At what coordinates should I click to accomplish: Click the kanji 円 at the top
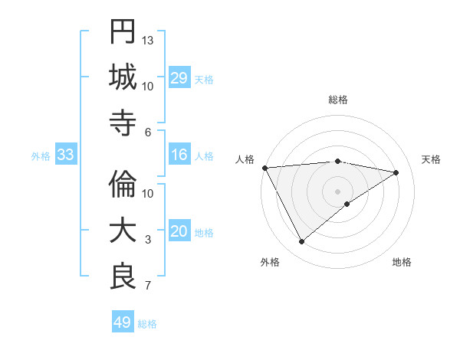click(x=123, y=32)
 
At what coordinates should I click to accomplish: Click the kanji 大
click(x=123, y=231)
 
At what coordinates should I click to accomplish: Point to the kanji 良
click(x=123, y=277)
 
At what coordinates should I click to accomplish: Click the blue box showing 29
click(x=179, y=77)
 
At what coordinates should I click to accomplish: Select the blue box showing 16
click(x=179, y=155)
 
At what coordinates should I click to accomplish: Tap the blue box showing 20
click(x=179, y=232)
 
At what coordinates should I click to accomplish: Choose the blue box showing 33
click(x=65, y=155)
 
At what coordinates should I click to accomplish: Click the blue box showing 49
click(x=123, y=322)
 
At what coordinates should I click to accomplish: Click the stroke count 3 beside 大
click(x=148, y=240)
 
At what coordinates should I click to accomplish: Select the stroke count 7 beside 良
click(x=148, y=286)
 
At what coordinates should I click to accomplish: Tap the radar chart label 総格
click(x=337, y=100)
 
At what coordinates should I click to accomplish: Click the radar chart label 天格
click(x=432, y=159)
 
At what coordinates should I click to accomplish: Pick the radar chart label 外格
click(x=270, y=262)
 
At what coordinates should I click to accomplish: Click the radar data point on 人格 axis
click(x=264, y=168)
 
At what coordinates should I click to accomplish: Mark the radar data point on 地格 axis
click(x=347, y=204)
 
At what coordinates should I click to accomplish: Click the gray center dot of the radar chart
click(x=337, y=190)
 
